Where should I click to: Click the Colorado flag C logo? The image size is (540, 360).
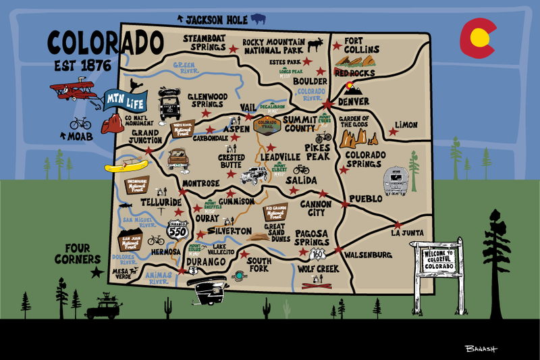477,38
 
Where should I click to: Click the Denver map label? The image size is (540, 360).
354,102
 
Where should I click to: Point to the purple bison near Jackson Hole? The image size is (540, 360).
258,19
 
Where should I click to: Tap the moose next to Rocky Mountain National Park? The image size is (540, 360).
315,46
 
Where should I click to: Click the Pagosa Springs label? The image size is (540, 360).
311,237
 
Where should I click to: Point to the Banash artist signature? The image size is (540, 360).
481,349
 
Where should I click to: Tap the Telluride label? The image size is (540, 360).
161,202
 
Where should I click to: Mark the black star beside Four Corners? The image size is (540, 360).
97,272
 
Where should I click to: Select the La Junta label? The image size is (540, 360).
408,233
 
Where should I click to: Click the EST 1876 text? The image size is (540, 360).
83,67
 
